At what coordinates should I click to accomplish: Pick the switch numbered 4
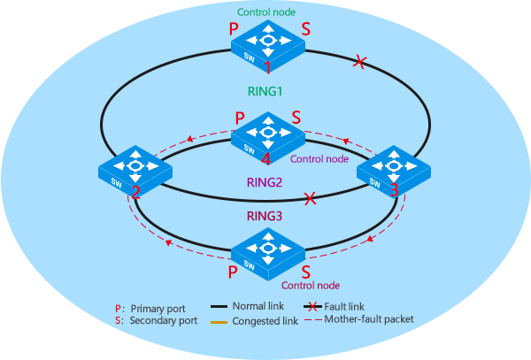[x=266, y=134]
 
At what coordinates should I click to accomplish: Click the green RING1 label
[x=265, y=91]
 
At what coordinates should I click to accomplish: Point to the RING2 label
[x=265, y=183]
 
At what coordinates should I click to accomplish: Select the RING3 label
[x=265, y=215]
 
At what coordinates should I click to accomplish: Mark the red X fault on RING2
[x=310, y=199]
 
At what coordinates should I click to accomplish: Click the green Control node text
[x=265, y=11]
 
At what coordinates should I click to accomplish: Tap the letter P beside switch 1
[x=234, y=29]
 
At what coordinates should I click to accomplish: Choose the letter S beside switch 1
[x=306, y=29]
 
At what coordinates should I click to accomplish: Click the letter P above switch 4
[x=240, y=117]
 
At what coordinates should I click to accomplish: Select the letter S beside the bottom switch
[x=305, y=272]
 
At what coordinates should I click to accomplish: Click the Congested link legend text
[x=265, y=321]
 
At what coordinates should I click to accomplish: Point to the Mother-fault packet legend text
[x=370, y=319]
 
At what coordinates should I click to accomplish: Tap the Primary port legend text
[x=158, y=309]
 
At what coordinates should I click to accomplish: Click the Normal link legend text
[x=262, y=306]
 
